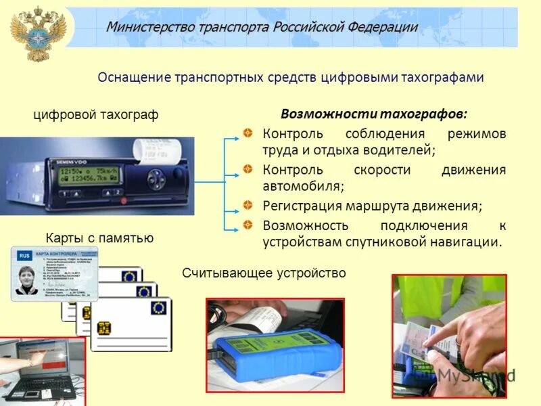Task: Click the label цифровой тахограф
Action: coord(95,115)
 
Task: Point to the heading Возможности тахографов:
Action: coord(373,113)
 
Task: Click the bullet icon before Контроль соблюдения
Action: coord(249,133)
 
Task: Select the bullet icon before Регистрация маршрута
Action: coord(249,205)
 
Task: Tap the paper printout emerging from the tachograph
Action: coord(155,150)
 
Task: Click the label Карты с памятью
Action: coord(99,238)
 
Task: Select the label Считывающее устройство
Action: coord(264,273)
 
